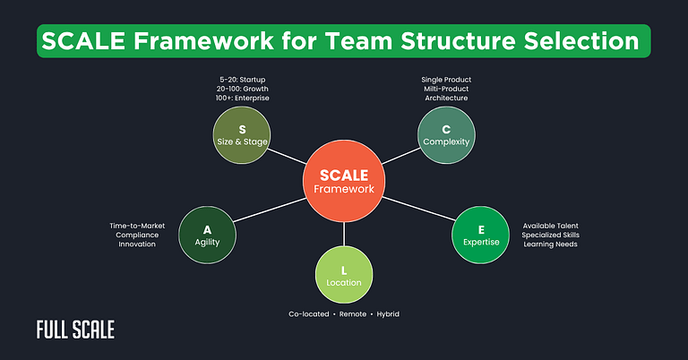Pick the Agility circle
click(207, 236)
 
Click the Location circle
click(343, 275)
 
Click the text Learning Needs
click(550, 244)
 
